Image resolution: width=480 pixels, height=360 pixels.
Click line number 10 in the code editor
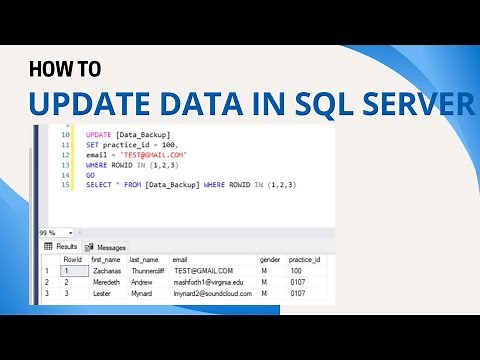[x=65, y=133]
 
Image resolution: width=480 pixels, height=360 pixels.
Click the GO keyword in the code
[x=91, y=175]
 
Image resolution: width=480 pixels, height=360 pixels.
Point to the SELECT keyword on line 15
[x=99, y=185]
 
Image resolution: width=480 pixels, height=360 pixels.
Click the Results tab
[x=62, y=246]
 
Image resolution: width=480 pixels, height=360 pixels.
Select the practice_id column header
[x=303, y=258]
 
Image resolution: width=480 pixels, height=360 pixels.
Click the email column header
[x=180, y=258]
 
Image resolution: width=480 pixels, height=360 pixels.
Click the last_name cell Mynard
[x=141, y=294]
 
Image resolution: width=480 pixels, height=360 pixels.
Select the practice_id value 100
[x=295, y=270]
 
